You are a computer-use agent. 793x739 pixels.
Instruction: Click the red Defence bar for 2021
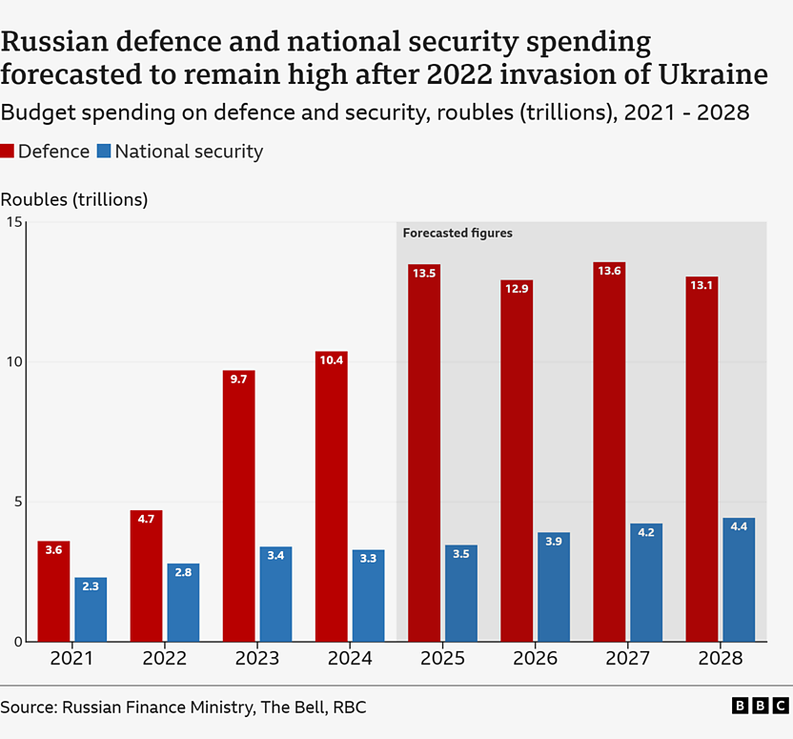pyautogui.click(x=53, y=591)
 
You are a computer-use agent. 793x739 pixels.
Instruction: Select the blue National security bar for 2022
pyautogui.click(x=183, y=603)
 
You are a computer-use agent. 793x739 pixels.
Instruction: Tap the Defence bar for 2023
pyautogui.click(x=238, y=505)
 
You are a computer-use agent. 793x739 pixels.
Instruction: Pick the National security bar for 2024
pyautogui.click(x=368, y=595)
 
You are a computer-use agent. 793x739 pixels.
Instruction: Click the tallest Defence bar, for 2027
pyautogui.click(x=609, y=452)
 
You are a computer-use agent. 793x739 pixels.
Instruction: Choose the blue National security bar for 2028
pyautogui.click(x=739, y=580)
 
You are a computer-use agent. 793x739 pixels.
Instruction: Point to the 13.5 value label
pyautogui.click(x=424, y=273)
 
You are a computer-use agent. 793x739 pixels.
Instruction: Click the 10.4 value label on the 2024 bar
pyautogui.click(x=331, y=359)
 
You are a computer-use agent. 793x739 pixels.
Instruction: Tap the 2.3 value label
pyautogui.click(x=91, y=586)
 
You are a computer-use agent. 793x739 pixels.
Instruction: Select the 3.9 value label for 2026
pyautogui.click(x=554, y=542)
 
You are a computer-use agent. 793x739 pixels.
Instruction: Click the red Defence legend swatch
pyautogui.click(x=8, y=151)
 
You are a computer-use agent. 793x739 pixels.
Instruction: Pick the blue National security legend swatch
pyautogui.click(x=104, y=151)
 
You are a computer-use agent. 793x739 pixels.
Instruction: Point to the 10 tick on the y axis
pyautogui.click(x=13, y=362)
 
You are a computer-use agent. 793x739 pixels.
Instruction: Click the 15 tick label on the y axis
pyautogui.click(x=13, y=222)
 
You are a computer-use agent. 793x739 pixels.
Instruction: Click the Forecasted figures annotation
pyautogui.click(x=457, y=233)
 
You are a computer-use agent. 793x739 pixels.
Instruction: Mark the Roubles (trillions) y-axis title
pyautogui.click(x=74, y=199)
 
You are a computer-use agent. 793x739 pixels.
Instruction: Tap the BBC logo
pyautogui.click(x=760, y=707)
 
